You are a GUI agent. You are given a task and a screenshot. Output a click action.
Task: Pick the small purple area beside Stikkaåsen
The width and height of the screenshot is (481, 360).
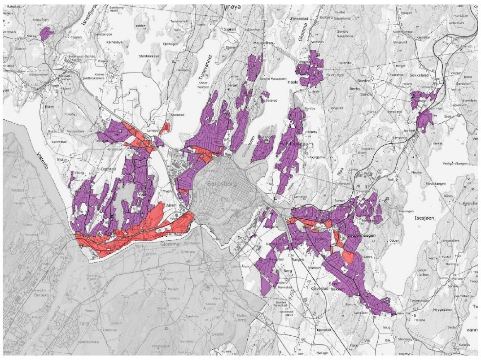[46, 33]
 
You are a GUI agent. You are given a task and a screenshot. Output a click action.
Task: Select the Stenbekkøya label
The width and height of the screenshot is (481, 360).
[149, 56]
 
